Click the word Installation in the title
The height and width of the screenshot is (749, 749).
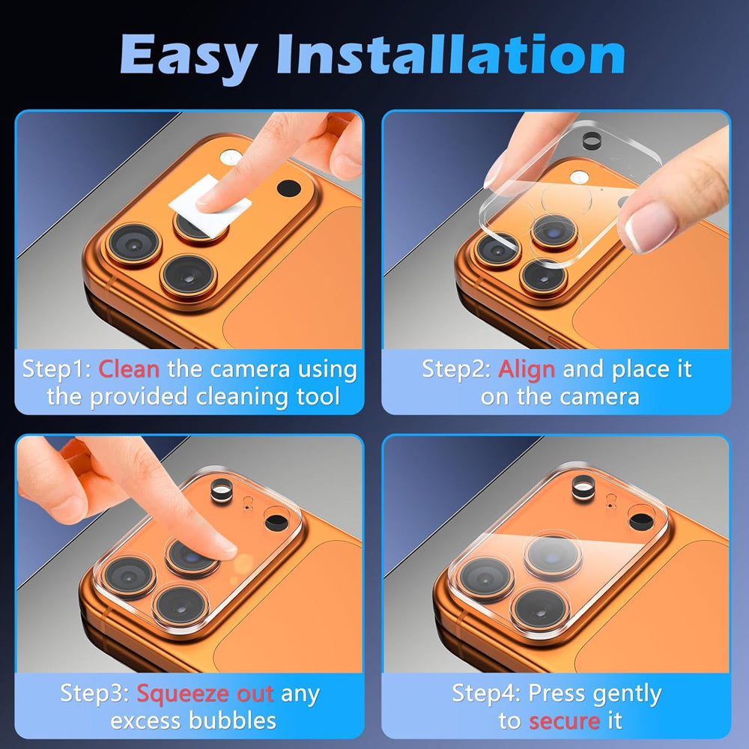[x=451, y=53]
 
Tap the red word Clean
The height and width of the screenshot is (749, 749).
[x=129, y=369]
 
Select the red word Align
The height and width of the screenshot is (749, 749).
[x=527, y=370]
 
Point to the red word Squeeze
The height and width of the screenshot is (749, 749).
[x=181, y=694]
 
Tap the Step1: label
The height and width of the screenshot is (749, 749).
[x=56, y=370]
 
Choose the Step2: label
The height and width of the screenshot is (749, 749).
[x=455, y=370]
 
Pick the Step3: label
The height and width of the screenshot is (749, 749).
[x=94, y=694]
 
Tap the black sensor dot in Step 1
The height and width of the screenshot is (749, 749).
[x=289, y=188]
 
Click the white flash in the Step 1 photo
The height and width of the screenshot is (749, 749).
[x=231, y=157]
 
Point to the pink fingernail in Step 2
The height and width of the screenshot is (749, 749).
[x=649, y=226]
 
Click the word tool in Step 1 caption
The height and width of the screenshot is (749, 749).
[x=318, y=397]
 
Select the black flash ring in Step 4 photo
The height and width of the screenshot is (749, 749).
[x=583, y=488]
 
